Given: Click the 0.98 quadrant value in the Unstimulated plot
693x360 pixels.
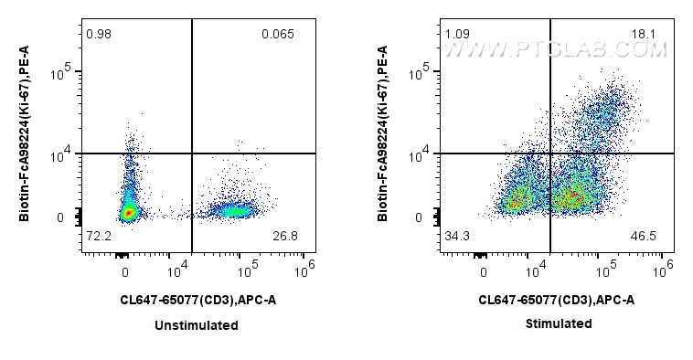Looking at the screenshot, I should [98, 35].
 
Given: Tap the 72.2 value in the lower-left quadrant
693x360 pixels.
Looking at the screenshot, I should [98, 238].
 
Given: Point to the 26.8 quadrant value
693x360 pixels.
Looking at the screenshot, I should [286, 238].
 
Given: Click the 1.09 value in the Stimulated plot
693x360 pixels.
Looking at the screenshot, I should [456, 35].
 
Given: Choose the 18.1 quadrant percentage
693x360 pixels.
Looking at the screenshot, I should [644, 35].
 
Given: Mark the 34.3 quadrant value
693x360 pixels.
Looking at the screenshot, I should [456, 238].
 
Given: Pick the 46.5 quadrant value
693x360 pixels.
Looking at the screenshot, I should [644, 238].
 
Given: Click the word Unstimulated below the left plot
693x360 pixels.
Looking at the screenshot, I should [197, 325].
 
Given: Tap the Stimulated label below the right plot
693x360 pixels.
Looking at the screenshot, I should [558, 323].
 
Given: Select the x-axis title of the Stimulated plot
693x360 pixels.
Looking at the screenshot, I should [556, 300].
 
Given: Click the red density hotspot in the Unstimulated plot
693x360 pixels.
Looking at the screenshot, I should [129, 213].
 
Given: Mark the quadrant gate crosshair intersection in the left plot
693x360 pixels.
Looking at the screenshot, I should [192, 154].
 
